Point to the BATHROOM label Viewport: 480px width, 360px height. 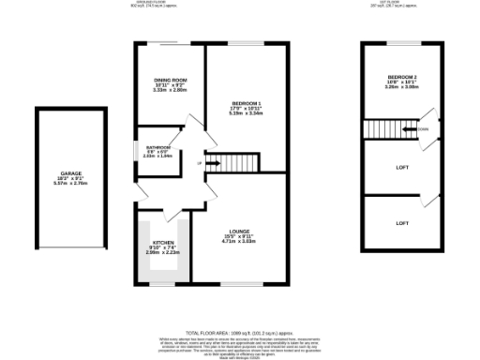pyautogui.click(x=157, y=147)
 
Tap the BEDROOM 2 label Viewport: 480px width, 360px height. pyautogui.click(x=402, y=77)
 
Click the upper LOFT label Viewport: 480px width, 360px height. pyautogui.click(x=402, y=166)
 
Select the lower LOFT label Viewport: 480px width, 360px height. pyautogui.click(x=402, y=222)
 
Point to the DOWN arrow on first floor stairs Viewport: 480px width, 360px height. pyautogui.click(x=424, y=128)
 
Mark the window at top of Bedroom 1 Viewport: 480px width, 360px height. pyautogui.click(x=247, y=43)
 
